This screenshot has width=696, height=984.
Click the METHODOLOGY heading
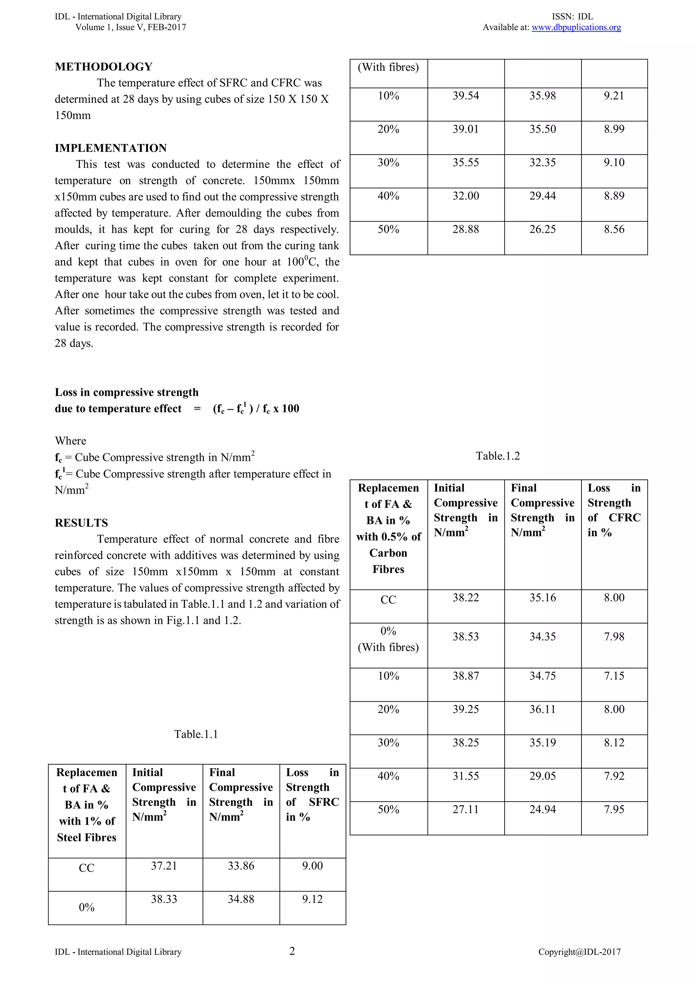[103, 67]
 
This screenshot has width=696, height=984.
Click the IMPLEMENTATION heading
[110, 148]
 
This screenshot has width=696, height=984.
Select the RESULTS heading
[82, 523]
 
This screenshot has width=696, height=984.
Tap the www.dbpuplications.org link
[576, 28]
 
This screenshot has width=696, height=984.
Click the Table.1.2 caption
[498, 456]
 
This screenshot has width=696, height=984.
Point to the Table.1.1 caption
[196, 734]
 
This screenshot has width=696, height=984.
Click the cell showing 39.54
[466, 96]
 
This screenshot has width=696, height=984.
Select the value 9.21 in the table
[614, 96]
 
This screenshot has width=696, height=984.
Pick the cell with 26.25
[542, 229]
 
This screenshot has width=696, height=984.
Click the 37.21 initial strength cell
[164, 866]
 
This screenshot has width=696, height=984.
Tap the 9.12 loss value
[312, 899]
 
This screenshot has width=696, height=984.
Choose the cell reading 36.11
[542, 709]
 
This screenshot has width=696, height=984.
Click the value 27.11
[466, 810]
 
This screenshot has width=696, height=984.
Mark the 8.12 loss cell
[614, 743]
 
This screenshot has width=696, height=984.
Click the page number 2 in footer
[292, 952]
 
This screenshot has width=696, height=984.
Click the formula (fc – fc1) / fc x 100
[256, 408]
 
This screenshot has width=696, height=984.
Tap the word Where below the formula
[70, 441]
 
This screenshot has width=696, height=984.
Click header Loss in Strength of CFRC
[614, 510]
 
